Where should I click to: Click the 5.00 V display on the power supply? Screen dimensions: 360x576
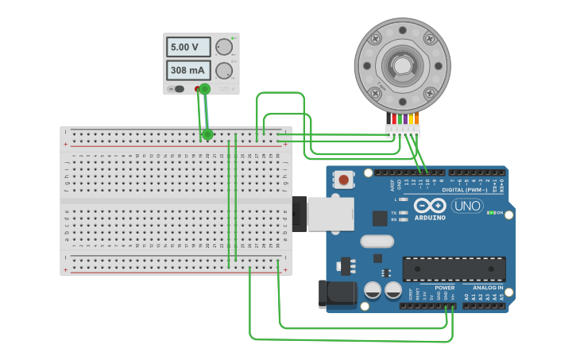(187, 47)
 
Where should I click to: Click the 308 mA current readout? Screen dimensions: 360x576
(187, 70)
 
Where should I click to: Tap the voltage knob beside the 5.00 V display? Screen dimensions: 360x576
(223, 48)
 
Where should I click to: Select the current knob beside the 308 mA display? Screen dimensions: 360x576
(223, 70)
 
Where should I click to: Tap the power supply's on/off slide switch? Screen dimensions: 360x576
(179, 89)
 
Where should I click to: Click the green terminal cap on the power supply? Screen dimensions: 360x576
(204, 89)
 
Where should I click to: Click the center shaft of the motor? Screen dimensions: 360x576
(402, 65)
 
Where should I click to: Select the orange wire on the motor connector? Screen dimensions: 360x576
(416, 119)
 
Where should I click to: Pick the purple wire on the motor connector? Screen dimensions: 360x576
(405, 119)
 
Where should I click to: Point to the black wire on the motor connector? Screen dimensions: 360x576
(389, 119)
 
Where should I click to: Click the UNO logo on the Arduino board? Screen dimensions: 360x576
(467, 206)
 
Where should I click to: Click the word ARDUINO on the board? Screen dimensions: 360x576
(430, 217)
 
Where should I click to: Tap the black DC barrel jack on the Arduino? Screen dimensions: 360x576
(337, 293)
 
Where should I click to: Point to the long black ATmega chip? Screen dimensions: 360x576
(454, 269)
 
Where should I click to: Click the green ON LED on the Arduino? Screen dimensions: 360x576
(490, 213)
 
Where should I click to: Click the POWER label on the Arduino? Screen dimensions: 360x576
(444, 287)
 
